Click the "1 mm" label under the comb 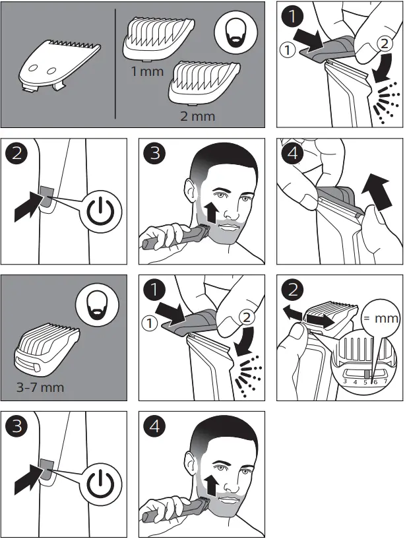(x=148, y=71)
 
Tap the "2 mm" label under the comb (x=198, y=115)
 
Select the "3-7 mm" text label (x=40, y=387)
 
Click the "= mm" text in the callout (x=381, y=318)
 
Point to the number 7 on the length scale (x=385, y=381)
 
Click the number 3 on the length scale (x=345, y=381)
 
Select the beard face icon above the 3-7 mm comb (x=97, y=305)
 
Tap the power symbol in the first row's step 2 (x=100, y=211)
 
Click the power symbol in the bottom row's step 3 (x=100, y=484)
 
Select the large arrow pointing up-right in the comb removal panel (x=377, y=192)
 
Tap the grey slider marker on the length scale (x=367, y=373)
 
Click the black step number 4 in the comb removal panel (x=293, y=152)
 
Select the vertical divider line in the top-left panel (x=115, y=64)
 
